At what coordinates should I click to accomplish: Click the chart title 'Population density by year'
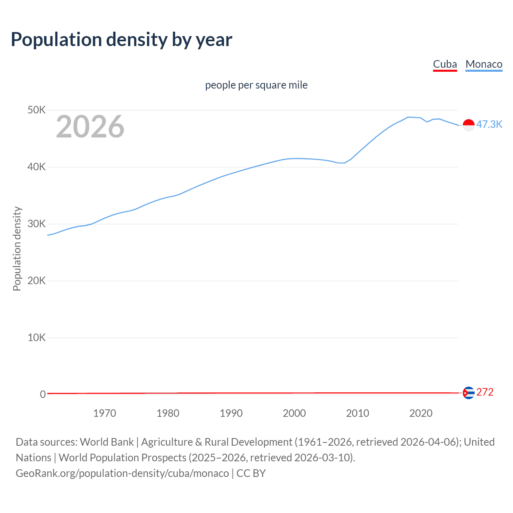click(x=121, y=39)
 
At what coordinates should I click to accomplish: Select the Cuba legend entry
click(x=445, y=64)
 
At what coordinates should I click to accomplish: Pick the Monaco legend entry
click(x=484, y=64)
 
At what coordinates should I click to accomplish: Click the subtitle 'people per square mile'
click(x=256, y=85)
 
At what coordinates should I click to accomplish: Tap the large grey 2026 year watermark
click(x=90, y=127)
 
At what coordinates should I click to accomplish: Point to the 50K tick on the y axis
click(x=36, y=110)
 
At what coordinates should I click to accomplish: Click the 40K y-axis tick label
click(x=36, y=167)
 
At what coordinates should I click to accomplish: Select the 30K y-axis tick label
click(x=36, y=224)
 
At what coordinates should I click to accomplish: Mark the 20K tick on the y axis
click(x=36, y=281)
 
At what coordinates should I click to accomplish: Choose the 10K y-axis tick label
click(x=36, y=337)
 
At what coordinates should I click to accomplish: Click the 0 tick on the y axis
click(x=42, y=394)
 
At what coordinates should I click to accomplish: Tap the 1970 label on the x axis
click(x=105, y=413)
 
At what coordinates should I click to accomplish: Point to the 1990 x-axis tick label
click(x=231, y=413)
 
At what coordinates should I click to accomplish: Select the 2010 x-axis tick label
click(x=357, y=413)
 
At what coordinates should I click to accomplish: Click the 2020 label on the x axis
click(x=421, y=413)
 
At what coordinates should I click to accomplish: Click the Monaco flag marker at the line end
click(x=469, y=125)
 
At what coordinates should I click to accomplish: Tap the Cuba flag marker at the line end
click(x=469, y=393)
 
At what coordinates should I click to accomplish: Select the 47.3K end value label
click(x=489, y=124)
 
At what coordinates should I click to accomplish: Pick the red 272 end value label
click(x=485, y=392)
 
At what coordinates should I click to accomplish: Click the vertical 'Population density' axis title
click(x=17, y=248)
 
